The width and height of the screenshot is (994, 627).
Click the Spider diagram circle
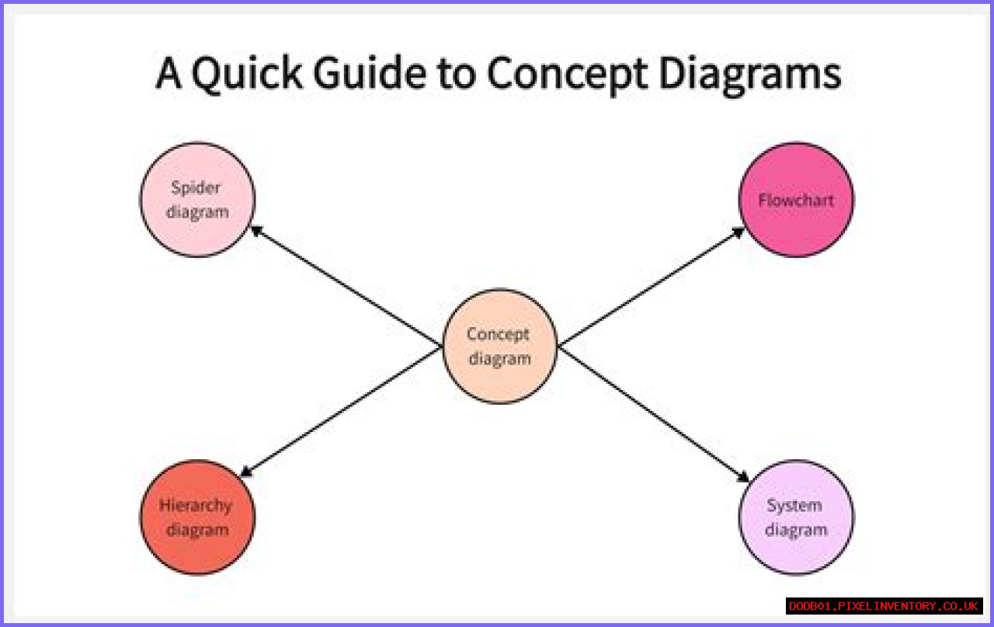pos(197,200)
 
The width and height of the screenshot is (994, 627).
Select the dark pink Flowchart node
pos(796,200)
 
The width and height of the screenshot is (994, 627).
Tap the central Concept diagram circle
pos(499,347)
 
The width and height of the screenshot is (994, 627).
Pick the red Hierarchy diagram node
pos(197,517)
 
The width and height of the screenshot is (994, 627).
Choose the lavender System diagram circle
pos(796,517)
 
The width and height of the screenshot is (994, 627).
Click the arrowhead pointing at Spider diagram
pos(255,230)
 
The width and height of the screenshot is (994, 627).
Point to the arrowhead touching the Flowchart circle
pos(739,231)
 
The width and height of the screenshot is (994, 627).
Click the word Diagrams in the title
pos(750,75)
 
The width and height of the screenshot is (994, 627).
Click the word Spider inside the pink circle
pos(196,188)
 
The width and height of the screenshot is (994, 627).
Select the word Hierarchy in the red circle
pos(196,506)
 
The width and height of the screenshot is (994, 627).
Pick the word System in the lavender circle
pos(794,506)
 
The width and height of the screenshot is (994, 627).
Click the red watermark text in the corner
pos(885,606)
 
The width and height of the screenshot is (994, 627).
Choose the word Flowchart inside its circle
pos(796,200)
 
